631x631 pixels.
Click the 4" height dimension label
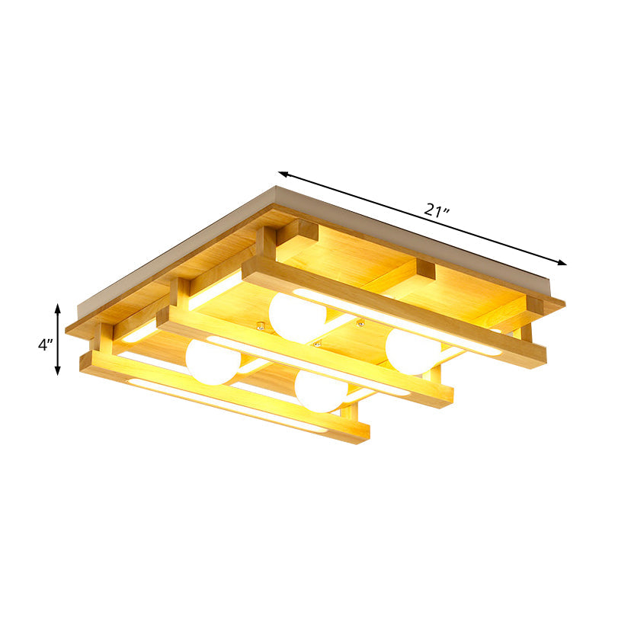point(45,344)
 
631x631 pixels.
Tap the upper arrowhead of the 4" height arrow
point(58,306)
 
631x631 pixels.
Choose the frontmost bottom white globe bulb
point(321,390)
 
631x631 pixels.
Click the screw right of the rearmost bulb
point(360,325)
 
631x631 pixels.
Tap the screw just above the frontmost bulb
point(315,344)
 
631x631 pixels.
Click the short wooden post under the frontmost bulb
point(350,415)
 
